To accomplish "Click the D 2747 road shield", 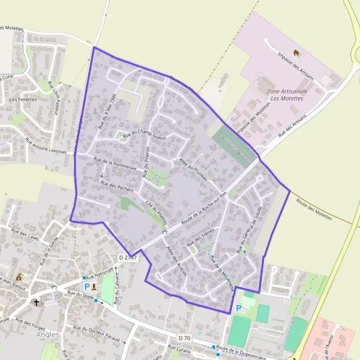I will [128, 258].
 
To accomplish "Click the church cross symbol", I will [37, 302].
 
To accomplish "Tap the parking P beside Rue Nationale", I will [86, 286].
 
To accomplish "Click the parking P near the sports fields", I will [239, 308].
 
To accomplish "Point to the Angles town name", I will [48, 335].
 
